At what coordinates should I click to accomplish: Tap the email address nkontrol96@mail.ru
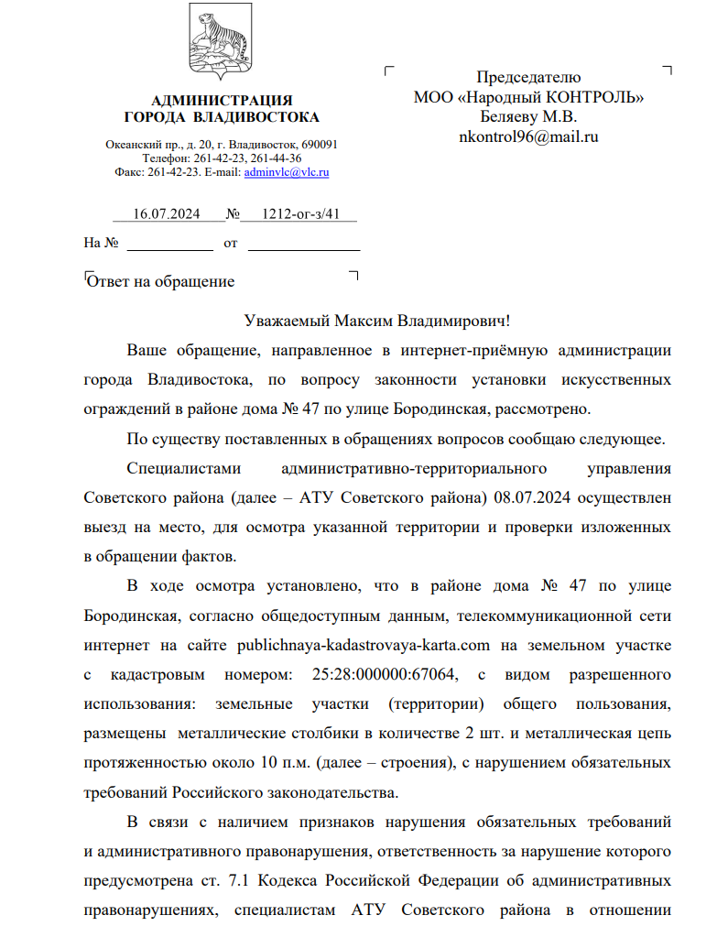point(528,137)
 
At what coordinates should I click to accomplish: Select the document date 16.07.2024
point(166,214)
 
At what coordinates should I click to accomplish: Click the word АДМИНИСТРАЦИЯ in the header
point(222,100)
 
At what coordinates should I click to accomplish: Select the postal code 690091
point(320,145)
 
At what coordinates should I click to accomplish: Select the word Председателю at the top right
point(528,77)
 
